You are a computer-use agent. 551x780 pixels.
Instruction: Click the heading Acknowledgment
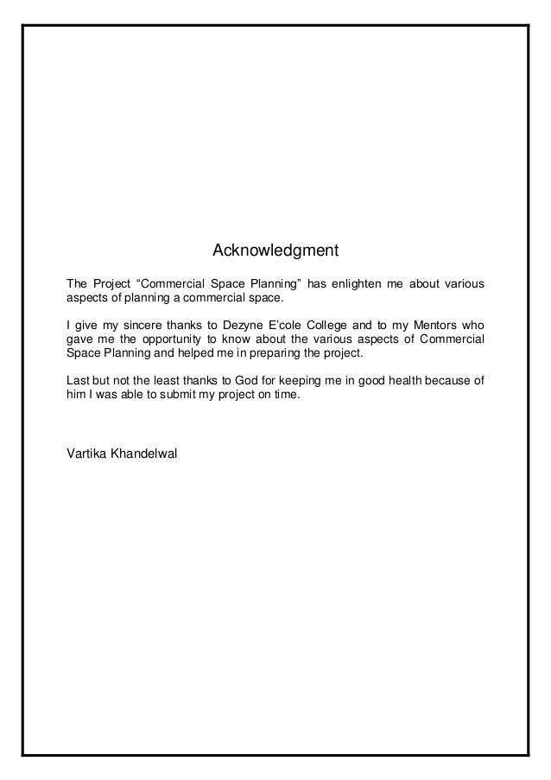pyautogui.click(x=275, y=252)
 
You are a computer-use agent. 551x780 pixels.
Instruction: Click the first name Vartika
pyautogui.click(x=85, y=453)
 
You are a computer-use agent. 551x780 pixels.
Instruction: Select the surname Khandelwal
pyautogui.click(x=142, y=453)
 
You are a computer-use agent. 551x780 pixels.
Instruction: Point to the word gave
pyautogui.click(x=80, y=339)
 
